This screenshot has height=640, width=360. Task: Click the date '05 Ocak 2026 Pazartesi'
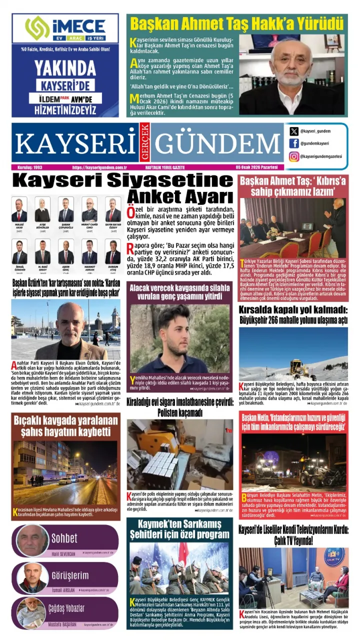[x=259, y=167]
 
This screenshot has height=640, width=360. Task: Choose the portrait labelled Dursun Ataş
[x=112, y=252]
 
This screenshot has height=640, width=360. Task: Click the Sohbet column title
[x=64, y=538]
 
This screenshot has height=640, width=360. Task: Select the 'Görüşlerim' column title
[x=70, y=575]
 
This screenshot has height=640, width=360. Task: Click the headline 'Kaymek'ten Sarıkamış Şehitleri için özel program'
[x=179, y=529]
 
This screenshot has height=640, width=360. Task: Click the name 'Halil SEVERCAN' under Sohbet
[x=63, y=554]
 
